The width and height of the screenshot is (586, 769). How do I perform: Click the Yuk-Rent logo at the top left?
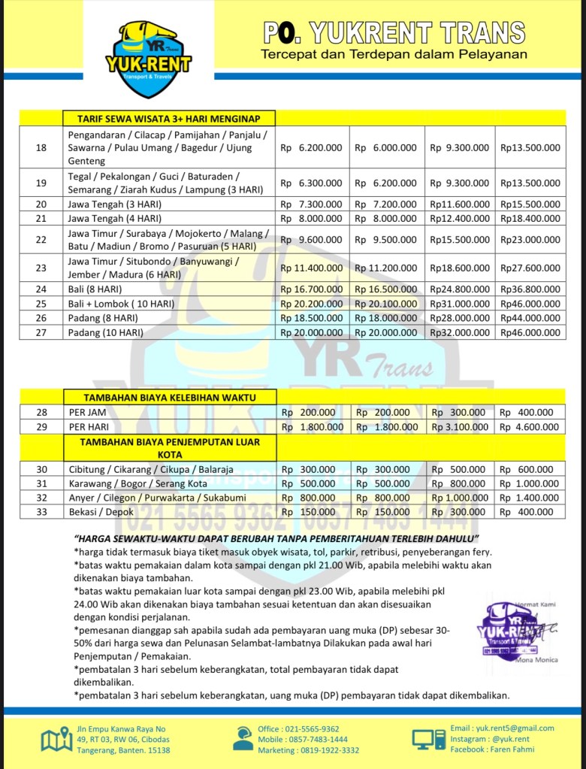[x=148, y=59]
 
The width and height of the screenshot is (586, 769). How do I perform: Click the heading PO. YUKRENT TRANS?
[x=394, y=33]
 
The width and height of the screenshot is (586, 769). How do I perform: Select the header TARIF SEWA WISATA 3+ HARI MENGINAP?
[x=168, y=118]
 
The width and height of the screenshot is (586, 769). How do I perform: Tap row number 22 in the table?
[x=41, y=239]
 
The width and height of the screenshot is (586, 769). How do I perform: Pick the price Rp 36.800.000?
[x=530, y=289]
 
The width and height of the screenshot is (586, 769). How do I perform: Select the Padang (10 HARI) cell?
[x=106, y=332]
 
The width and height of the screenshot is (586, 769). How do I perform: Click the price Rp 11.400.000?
[x=311, y=268]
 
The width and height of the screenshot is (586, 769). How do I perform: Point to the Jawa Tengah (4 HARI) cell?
[x=115, y=218]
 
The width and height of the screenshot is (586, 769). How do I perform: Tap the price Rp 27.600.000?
[x=530, y=268]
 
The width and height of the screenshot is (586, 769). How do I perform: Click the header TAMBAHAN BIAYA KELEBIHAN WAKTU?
[x=169, y=397]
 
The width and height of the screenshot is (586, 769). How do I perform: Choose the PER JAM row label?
[x=88, y=412]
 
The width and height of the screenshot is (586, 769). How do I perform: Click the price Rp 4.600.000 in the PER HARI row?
[x=530, y=427]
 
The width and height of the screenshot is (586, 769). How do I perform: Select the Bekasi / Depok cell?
[x=97, y=512]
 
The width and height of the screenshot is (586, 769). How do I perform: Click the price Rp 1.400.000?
[x=530, y=498]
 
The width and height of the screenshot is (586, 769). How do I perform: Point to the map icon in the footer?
[x=57, y=739]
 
